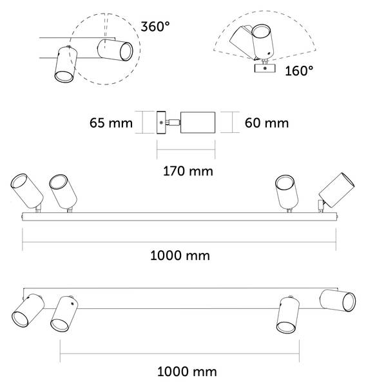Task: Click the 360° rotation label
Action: click(x=155, y=26)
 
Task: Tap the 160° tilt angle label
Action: click(x=299, y=71)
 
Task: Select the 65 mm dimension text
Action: click(x=111, y=123)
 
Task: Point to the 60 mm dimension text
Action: click(x=267, y=123)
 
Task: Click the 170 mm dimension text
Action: click(x=188, y=171)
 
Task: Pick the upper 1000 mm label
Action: click(x=180, y=255)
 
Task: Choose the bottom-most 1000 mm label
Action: click(x=187, y=372)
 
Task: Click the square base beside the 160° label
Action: click(x=265, y=68)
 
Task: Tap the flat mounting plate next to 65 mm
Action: click(x=161, y=123)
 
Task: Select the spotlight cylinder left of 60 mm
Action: click(x=198, y=123)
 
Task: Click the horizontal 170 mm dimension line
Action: click(x=186, y=150)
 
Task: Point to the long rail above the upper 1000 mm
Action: click(x=180, y=217)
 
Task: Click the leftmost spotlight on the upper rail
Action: click(x=26, y=191)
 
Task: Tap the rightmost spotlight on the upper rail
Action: click(x=337, y=190)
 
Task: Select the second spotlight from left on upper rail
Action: click(x=63, y=192)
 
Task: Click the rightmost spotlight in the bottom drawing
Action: click(x=338, y=301)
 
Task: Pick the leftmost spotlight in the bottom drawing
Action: click(x=28, y=310)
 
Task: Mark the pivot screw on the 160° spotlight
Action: click(x=269, y=53)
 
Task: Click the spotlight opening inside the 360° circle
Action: click(x=126, y=52)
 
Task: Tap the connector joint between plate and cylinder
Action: click(x=173, y=122)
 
